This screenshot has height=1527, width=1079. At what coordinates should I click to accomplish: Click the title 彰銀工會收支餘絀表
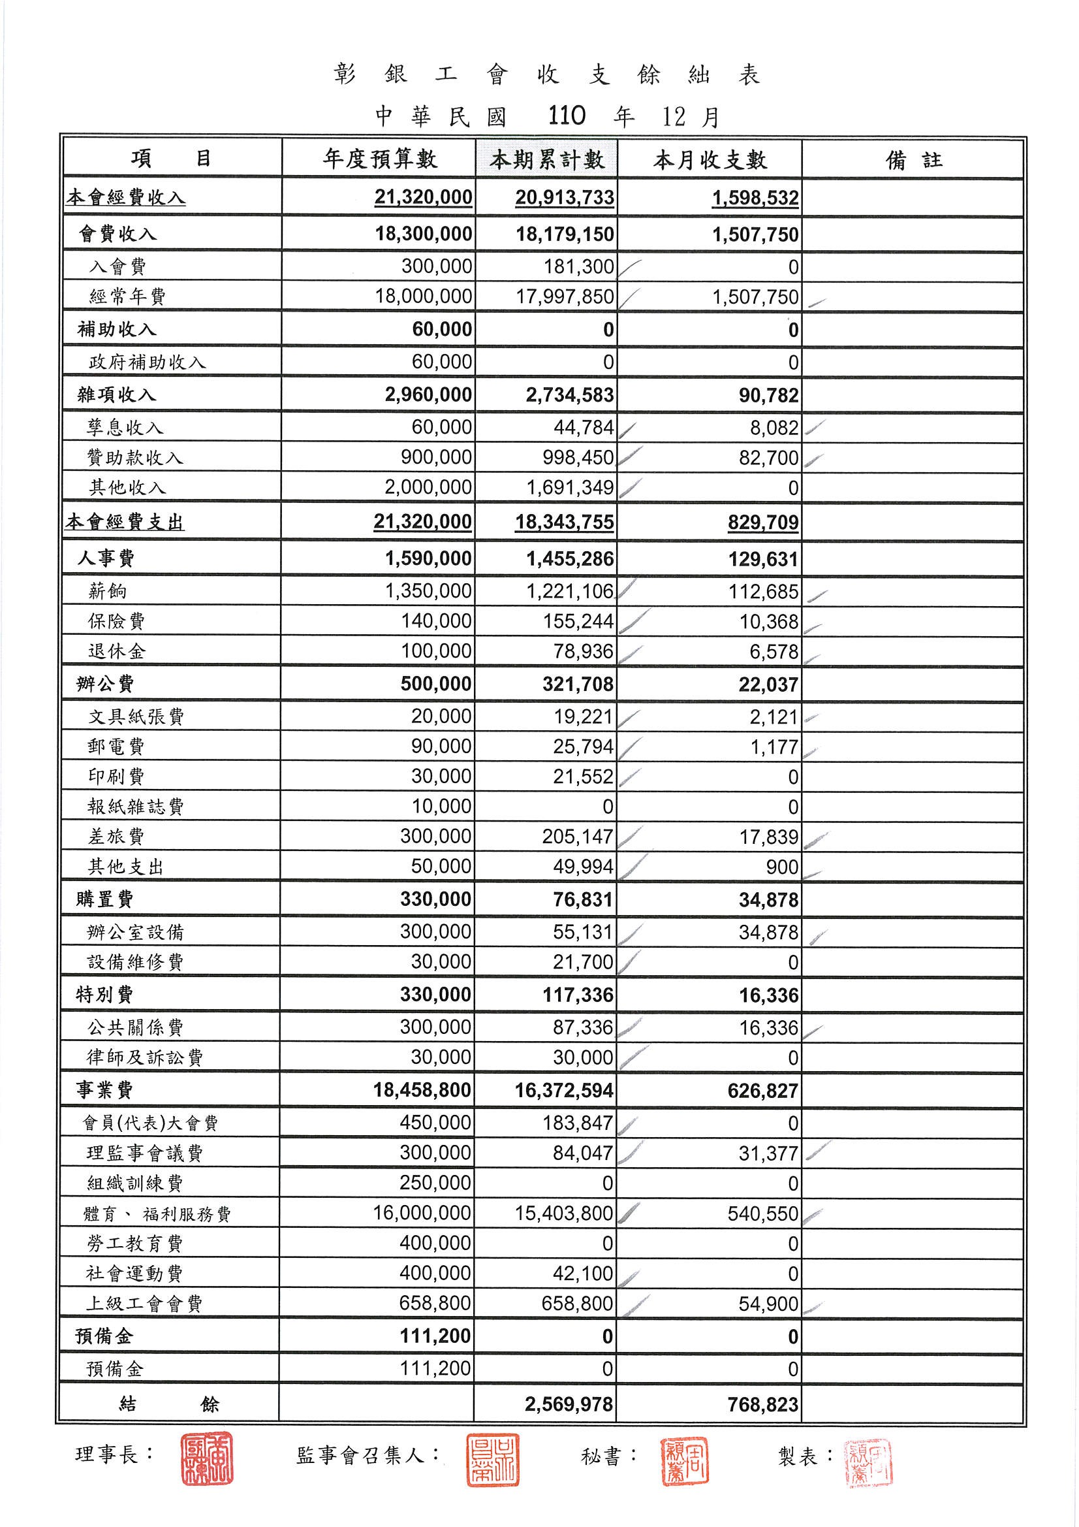546,75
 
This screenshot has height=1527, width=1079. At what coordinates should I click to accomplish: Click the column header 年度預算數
380,159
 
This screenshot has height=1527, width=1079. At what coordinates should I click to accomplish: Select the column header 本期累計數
546,159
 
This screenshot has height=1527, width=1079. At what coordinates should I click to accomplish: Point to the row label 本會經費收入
125,197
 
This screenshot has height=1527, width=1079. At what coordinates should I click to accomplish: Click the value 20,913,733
565,197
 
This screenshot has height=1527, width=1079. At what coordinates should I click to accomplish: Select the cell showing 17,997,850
565,297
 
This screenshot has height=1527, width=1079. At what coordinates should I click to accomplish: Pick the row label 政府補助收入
147,362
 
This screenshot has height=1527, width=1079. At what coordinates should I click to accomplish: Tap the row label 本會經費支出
125,522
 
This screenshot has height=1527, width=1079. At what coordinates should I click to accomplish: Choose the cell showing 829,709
762,522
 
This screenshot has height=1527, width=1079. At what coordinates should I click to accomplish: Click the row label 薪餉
107,591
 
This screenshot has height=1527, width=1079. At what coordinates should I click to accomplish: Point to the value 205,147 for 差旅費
577,837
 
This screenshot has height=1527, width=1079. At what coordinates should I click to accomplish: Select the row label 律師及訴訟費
145,1057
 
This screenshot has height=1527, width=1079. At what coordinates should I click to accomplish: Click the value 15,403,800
564,1213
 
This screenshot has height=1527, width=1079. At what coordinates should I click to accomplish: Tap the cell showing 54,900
768,1304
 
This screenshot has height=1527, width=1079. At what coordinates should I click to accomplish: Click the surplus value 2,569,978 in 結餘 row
569,1404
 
